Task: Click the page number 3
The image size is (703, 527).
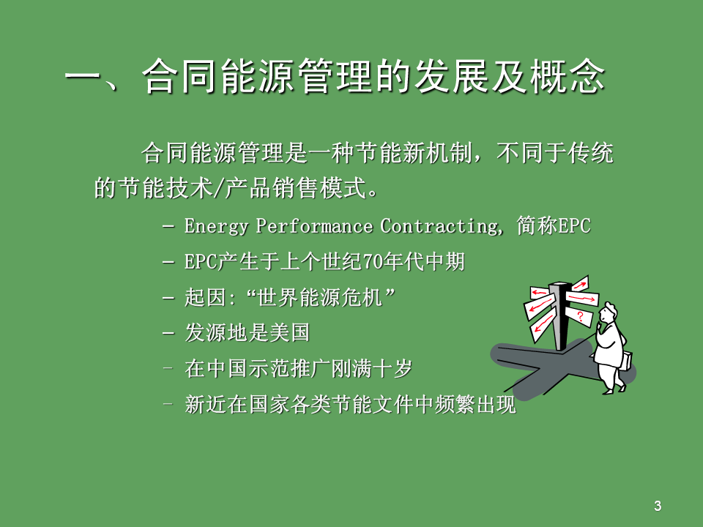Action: coord(658,506)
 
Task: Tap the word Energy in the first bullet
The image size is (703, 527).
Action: coord(216,226)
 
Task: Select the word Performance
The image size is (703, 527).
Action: coord(314,225)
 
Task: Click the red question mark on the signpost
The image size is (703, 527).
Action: coord(580,316)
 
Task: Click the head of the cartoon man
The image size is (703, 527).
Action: coord(609,313)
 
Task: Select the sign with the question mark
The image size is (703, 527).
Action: coord(579,315)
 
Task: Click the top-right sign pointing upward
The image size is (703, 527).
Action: coord(580,284)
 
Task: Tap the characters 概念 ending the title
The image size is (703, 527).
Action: coord(567,77)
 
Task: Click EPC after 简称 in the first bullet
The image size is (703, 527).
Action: coord(574,226)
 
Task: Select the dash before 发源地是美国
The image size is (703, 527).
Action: coord(168,334)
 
